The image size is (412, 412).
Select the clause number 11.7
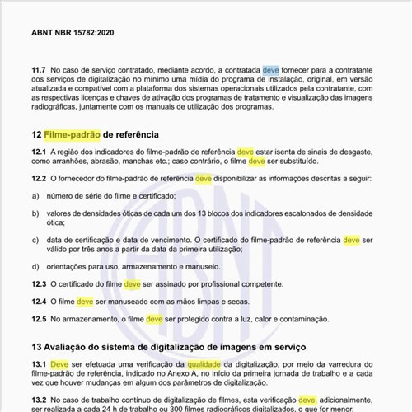pyautogui.click(x=38, y=72)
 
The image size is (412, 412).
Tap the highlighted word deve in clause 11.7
pyautogui.click(x=271, y=72)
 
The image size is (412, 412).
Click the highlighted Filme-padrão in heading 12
pyautogui.click(x=70, y=133)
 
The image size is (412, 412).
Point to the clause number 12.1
pyautogui.click(x=38, y=152)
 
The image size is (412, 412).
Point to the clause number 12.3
pyautogui.click(x=38, y=284)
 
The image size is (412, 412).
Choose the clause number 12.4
pyautogui.click(x=38, y=302)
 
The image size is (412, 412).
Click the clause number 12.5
pyautogui.click(x=38, y=319)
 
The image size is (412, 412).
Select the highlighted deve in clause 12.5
pyautogui.click(x=152, y=319)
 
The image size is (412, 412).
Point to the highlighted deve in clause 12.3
pyautogui.click(x=133, y=284)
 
